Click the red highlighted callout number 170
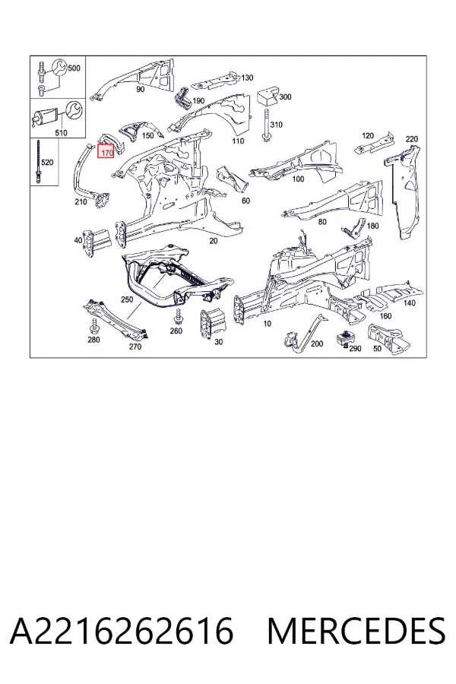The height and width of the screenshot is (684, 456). pyautogui.click(x=106, y=153)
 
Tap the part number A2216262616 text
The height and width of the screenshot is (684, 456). pyautogui.click(x=122, y=630)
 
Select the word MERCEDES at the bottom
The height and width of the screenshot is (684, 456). pyautogui.click(x=356, y=630)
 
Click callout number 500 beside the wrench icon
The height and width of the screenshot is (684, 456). pyautogui.click(x=74, y=68)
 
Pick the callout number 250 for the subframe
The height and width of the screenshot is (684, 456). pyautogui.click(x=127, y=299)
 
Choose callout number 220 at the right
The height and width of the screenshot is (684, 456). pyautogui.click(x=411, y=139)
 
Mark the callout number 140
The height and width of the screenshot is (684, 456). pyautogui.click(x=410, y=303)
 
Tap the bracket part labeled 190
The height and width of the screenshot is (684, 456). pyautogui.click(x=183, y=99)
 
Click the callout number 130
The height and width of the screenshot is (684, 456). pyautogui.click(x=246, y=78)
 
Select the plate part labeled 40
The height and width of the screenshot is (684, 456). pyautogui.click(x=90, y=241)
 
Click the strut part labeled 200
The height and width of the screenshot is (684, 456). pyautogui.click(x=306, y=334)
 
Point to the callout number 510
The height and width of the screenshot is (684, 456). pyautogui.click(x=61, y=132)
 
